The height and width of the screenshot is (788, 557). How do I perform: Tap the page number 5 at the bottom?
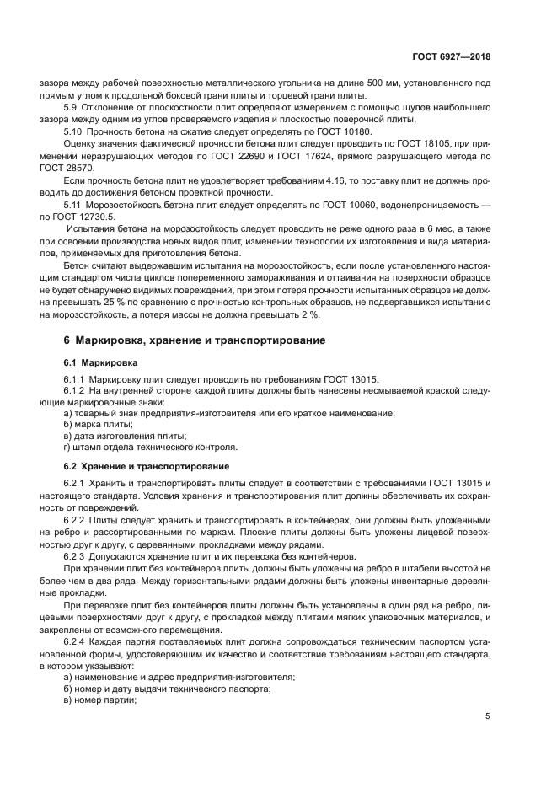click(x=488, y=717)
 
